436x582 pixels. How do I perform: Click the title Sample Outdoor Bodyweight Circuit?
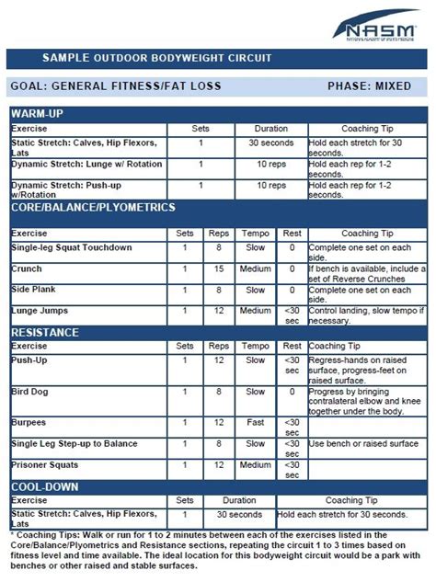pos(156,58)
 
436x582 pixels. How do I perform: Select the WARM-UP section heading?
pos(38,113)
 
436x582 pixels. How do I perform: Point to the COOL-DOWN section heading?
pos(44,486)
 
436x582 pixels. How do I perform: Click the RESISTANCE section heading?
pos(44,332)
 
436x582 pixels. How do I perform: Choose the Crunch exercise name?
pos(28,268)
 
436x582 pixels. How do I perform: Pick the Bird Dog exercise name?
pos(30,391)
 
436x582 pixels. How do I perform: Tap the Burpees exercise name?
pos(29,423)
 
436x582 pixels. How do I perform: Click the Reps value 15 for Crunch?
pos(218,268)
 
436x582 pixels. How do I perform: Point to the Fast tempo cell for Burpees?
pos(255,423)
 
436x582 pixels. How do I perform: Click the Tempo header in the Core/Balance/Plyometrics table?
pos(255,234)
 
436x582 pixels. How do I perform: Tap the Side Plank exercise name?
pos(34,290)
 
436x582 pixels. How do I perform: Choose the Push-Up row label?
pos(29,359)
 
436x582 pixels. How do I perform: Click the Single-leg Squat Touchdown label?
pos(72,247)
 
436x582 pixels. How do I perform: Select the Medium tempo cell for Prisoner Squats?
pos(255,466)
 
